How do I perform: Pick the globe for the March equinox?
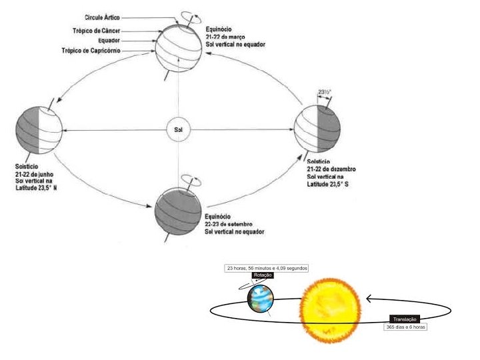click(178, 47)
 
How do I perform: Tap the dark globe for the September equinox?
click(177, 211)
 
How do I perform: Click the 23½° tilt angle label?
click(325, 91)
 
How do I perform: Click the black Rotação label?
click(263, 275)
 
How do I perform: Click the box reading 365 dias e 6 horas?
click(405, 327)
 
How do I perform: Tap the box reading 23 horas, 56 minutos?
click(266, 268)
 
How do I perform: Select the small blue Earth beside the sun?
click(260, 299)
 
